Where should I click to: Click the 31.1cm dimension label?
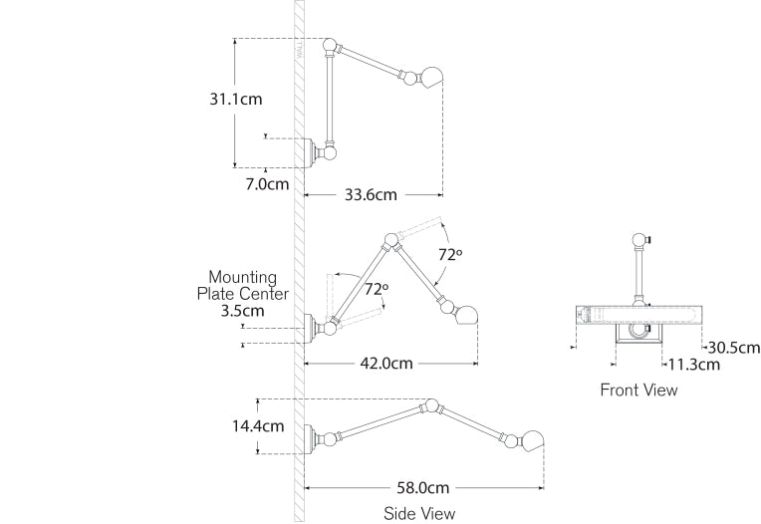(236, 100)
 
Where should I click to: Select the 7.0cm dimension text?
(267, 183)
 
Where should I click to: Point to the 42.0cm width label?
(386, 364)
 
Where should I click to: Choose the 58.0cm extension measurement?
(423, 488)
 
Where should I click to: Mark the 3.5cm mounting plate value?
(243, 310)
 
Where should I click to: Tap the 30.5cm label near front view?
(733, 348)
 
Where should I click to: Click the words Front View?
(638, 390)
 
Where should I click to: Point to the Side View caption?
(419, 513)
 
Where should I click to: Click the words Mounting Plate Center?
(243, 286)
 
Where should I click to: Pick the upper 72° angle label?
(450, 254)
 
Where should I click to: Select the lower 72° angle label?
(376, 290)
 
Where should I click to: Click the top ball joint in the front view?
(638, 239)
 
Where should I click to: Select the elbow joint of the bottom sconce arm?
(431, 405)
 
